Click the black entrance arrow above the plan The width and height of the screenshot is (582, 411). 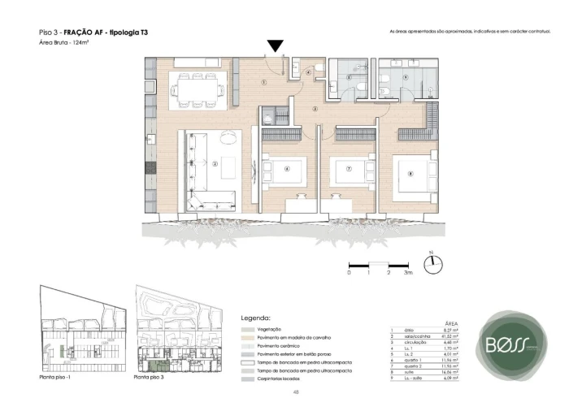276,46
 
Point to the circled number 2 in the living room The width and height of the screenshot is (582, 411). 215,163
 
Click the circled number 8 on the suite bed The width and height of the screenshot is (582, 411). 410,172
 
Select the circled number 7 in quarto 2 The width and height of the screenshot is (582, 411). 349,169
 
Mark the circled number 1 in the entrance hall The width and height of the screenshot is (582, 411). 264,83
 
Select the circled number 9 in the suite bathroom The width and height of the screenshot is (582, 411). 404,78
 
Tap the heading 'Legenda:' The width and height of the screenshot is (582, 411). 256,318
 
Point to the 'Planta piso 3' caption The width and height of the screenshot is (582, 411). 150,378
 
